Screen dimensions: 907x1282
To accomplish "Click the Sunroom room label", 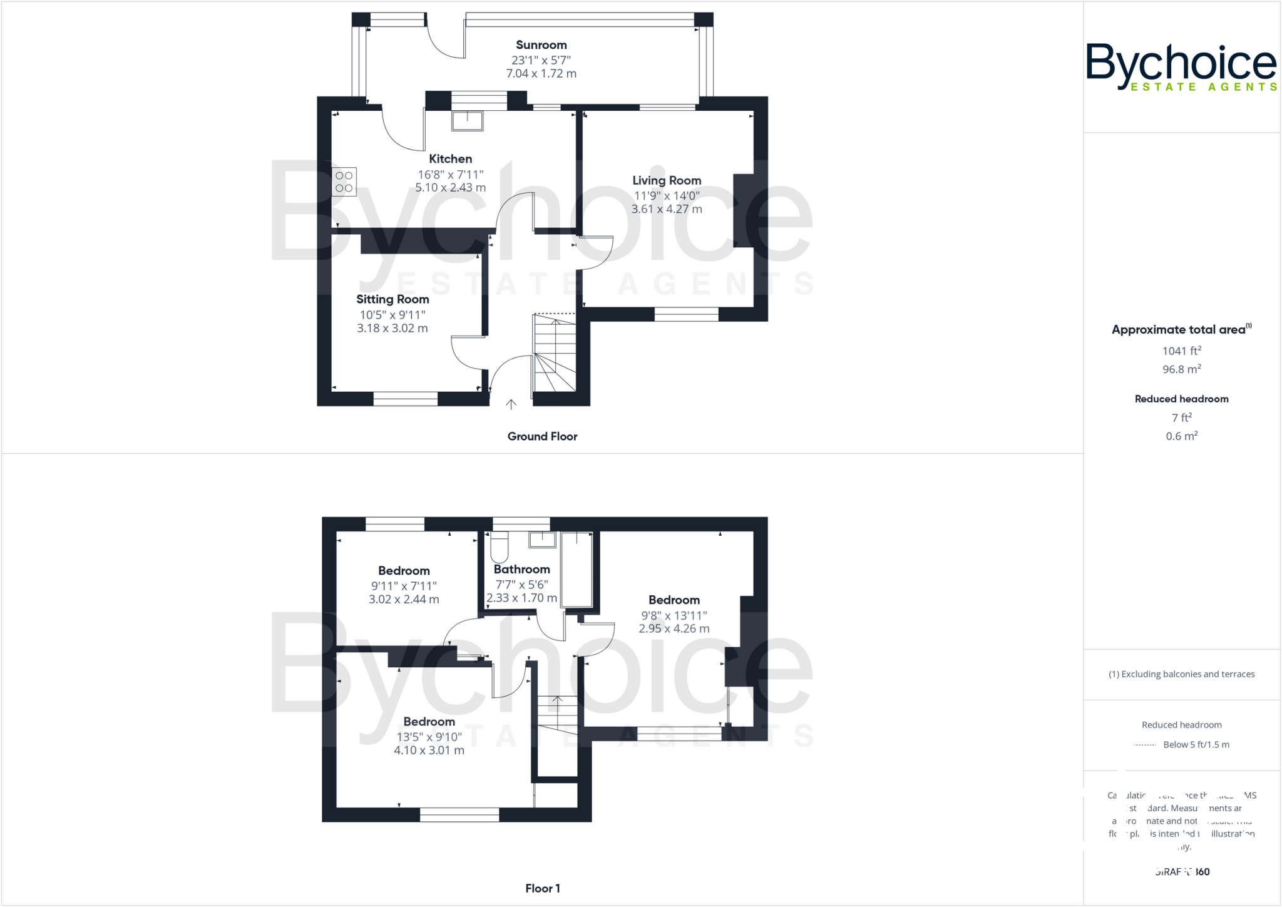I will (x=541, y=45).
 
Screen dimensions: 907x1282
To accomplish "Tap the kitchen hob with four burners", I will (x=344, y=182).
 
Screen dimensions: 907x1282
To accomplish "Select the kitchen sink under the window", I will (x=467, y=121).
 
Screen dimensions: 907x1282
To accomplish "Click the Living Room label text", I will (x=666, y=180).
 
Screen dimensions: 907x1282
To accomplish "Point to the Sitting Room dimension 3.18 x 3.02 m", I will (x=392, y=328).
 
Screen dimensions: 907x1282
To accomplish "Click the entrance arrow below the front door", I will (x=511, y=404).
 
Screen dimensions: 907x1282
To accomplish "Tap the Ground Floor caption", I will (x=541, y=436).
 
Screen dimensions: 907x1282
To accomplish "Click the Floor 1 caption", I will (x=542, y=888).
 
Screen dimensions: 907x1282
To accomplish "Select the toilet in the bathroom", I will (x=499, y=547).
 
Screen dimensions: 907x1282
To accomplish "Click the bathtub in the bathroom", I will (x=577, y=570).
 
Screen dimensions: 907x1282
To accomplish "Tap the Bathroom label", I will (x=521, y=569).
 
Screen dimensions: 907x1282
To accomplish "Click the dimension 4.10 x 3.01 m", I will (x=429, y=750).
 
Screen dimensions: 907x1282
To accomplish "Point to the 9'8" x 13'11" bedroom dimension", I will (x=674, y=615).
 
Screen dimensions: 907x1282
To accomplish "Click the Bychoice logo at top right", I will (x=1181, y=66).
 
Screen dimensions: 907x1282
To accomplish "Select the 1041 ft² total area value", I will (x=1181, y=351).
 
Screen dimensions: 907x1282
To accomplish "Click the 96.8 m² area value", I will (x=1181, y=369).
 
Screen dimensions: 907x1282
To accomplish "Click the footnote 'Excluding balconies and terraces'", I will (x=1181, y=674).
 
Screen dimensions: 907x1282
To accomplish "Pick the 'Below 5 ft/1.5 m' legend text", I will (x=1196, y=744).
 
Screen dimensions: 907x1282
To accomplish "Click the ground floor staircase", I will (x=554, y=354).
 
